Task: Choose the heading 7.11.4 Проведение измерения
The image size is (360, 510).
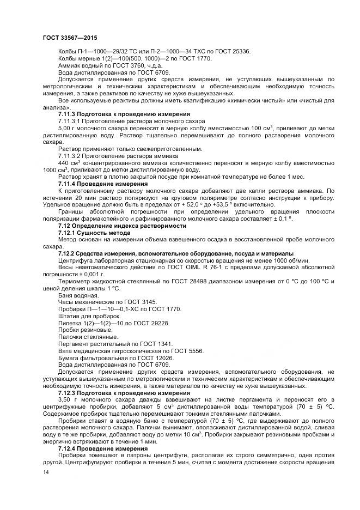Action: click(103, 184)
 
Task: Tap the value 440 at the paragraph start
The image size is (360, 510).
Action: click(64, 163)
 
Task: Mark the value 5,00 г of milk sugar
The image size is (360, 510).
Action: click(67, 128)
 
